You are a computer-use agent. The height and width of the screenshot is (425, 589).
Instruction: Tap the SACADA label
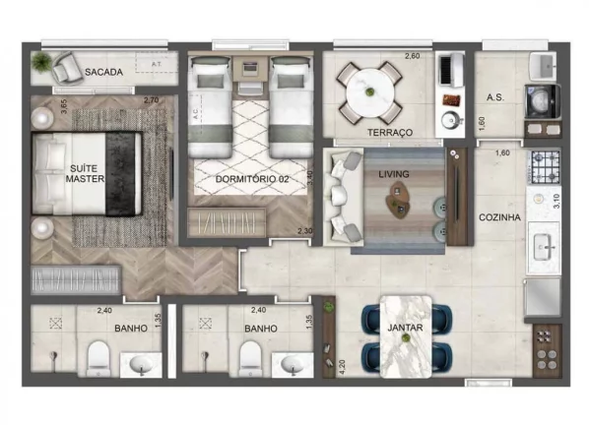pyautogui.click(x=102, y=73)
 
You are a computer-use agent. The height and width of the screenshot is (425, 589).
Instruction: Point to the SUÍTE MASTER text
pyautogui.click(x=86, y=173)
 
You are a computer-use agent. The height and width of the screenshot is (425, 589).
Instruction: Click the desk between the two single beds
pyautogui.click(x=249, y=71)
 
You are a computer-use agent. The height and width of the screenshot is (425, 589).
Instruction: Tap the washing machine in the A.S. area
pyautogui.click(x=542, y=98)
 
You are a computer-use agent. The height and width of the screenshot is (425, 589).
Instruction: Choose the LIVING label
pyautogui.click(x=394, y=174)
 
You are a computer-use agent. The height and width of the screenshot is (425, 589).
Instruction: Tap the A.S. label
pyautogui.click(x=495, y=97)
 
